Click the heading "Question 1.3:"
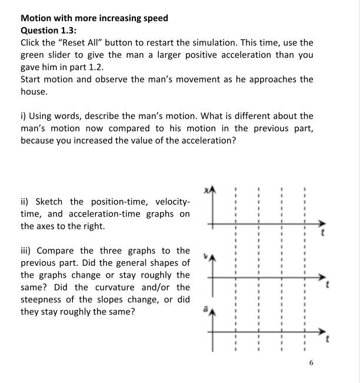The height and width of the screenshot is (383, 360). click(x=48, y=31)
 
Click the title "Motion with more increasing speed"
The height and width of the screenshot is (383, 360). click(x=94, y=18)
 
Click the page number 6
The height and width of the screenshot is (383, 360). click(x=311, y=363)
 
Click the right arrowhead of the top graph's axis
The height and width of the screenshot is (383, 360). click(x=321, y=224)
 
